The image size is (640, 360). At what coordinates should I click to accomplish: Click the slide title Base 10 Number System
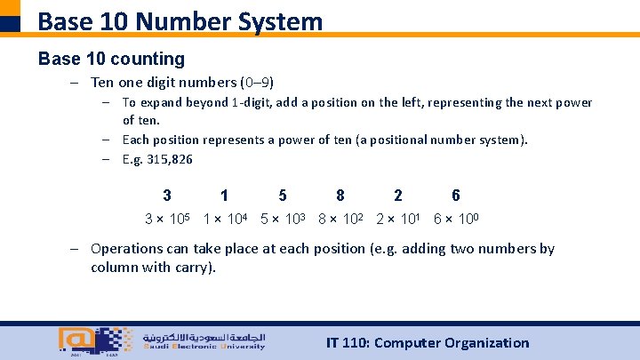(x=180, y=20)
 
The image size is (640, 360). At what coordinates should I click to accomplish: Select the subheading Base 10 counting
(x=111, y=60)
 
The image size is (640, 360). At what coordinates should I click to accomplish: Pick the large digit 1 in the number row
(x=224, y=196)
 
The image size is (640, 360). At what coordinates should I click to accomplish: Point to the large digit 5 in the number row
(x=283, y=196)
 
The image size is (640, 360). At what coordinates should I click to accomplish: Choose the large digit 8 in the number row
(x=340, y=196)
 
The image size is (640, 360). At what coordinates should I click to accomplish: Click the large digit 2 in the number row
(x=398, y=196)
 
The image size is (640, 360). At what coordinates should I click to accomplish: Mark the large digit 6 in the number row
(x=456, y=196)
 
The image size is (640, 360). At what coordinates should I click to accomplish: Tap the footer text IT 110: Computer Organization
(x=428, y=343)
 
